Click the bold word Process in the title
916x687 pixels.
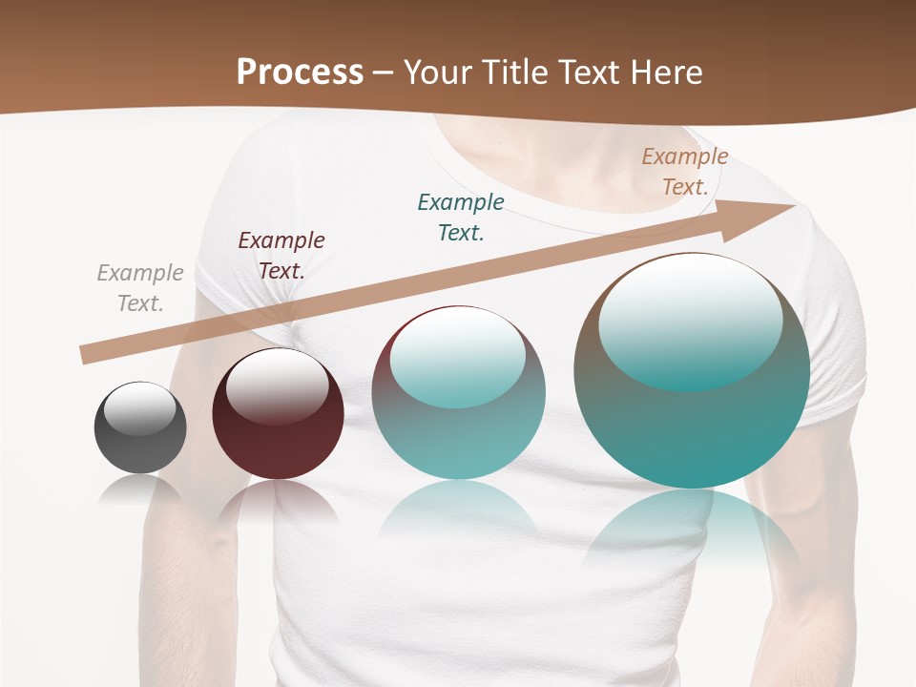tap(300, 73)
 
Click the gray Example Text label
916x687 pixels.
tap(140, 288)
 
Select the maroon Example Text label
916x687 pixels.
tap(281, 256)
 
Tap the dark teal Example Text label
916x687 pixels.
tap(461, 217)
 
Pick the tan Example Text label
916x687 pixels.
tap(685, 172)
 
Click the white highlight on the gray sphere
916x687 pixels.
tap(139, 409)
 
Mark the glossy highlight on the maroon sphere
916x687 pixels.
tap(277, 385)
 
